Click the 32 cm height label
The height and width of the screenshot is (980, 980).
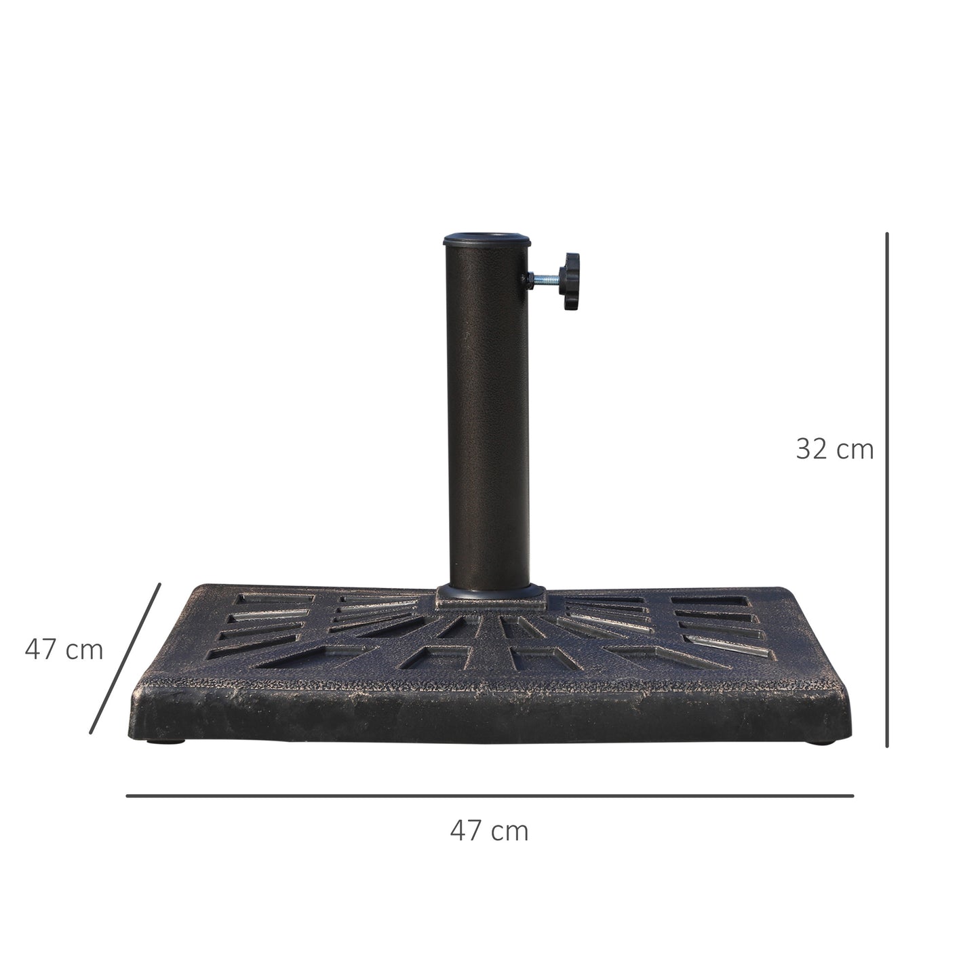[x=834, y=449]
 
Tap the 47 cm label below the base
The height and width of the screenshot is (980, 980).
[x=489, y=830]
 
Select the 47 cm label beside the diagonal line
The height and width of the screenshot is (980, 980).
[x=64, y=650]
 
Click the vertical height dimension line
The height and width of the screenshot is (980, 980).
[x=886, y=488]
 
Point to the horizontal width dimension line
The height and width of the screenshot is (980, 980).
[x=489, y=796]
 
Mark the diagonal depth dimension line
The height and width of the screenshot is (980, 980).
[x=125, y=658]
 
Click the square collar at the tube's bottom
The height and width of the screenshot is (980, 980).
[x=490, y=595]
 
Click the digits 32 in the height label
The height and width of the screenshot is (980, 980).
[x=811, y=449]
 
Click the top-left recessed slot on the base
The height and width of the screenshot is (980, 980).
[x=275, y=600]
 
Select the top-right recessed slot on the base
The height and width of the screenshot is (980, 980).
[x=709, y=602]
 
